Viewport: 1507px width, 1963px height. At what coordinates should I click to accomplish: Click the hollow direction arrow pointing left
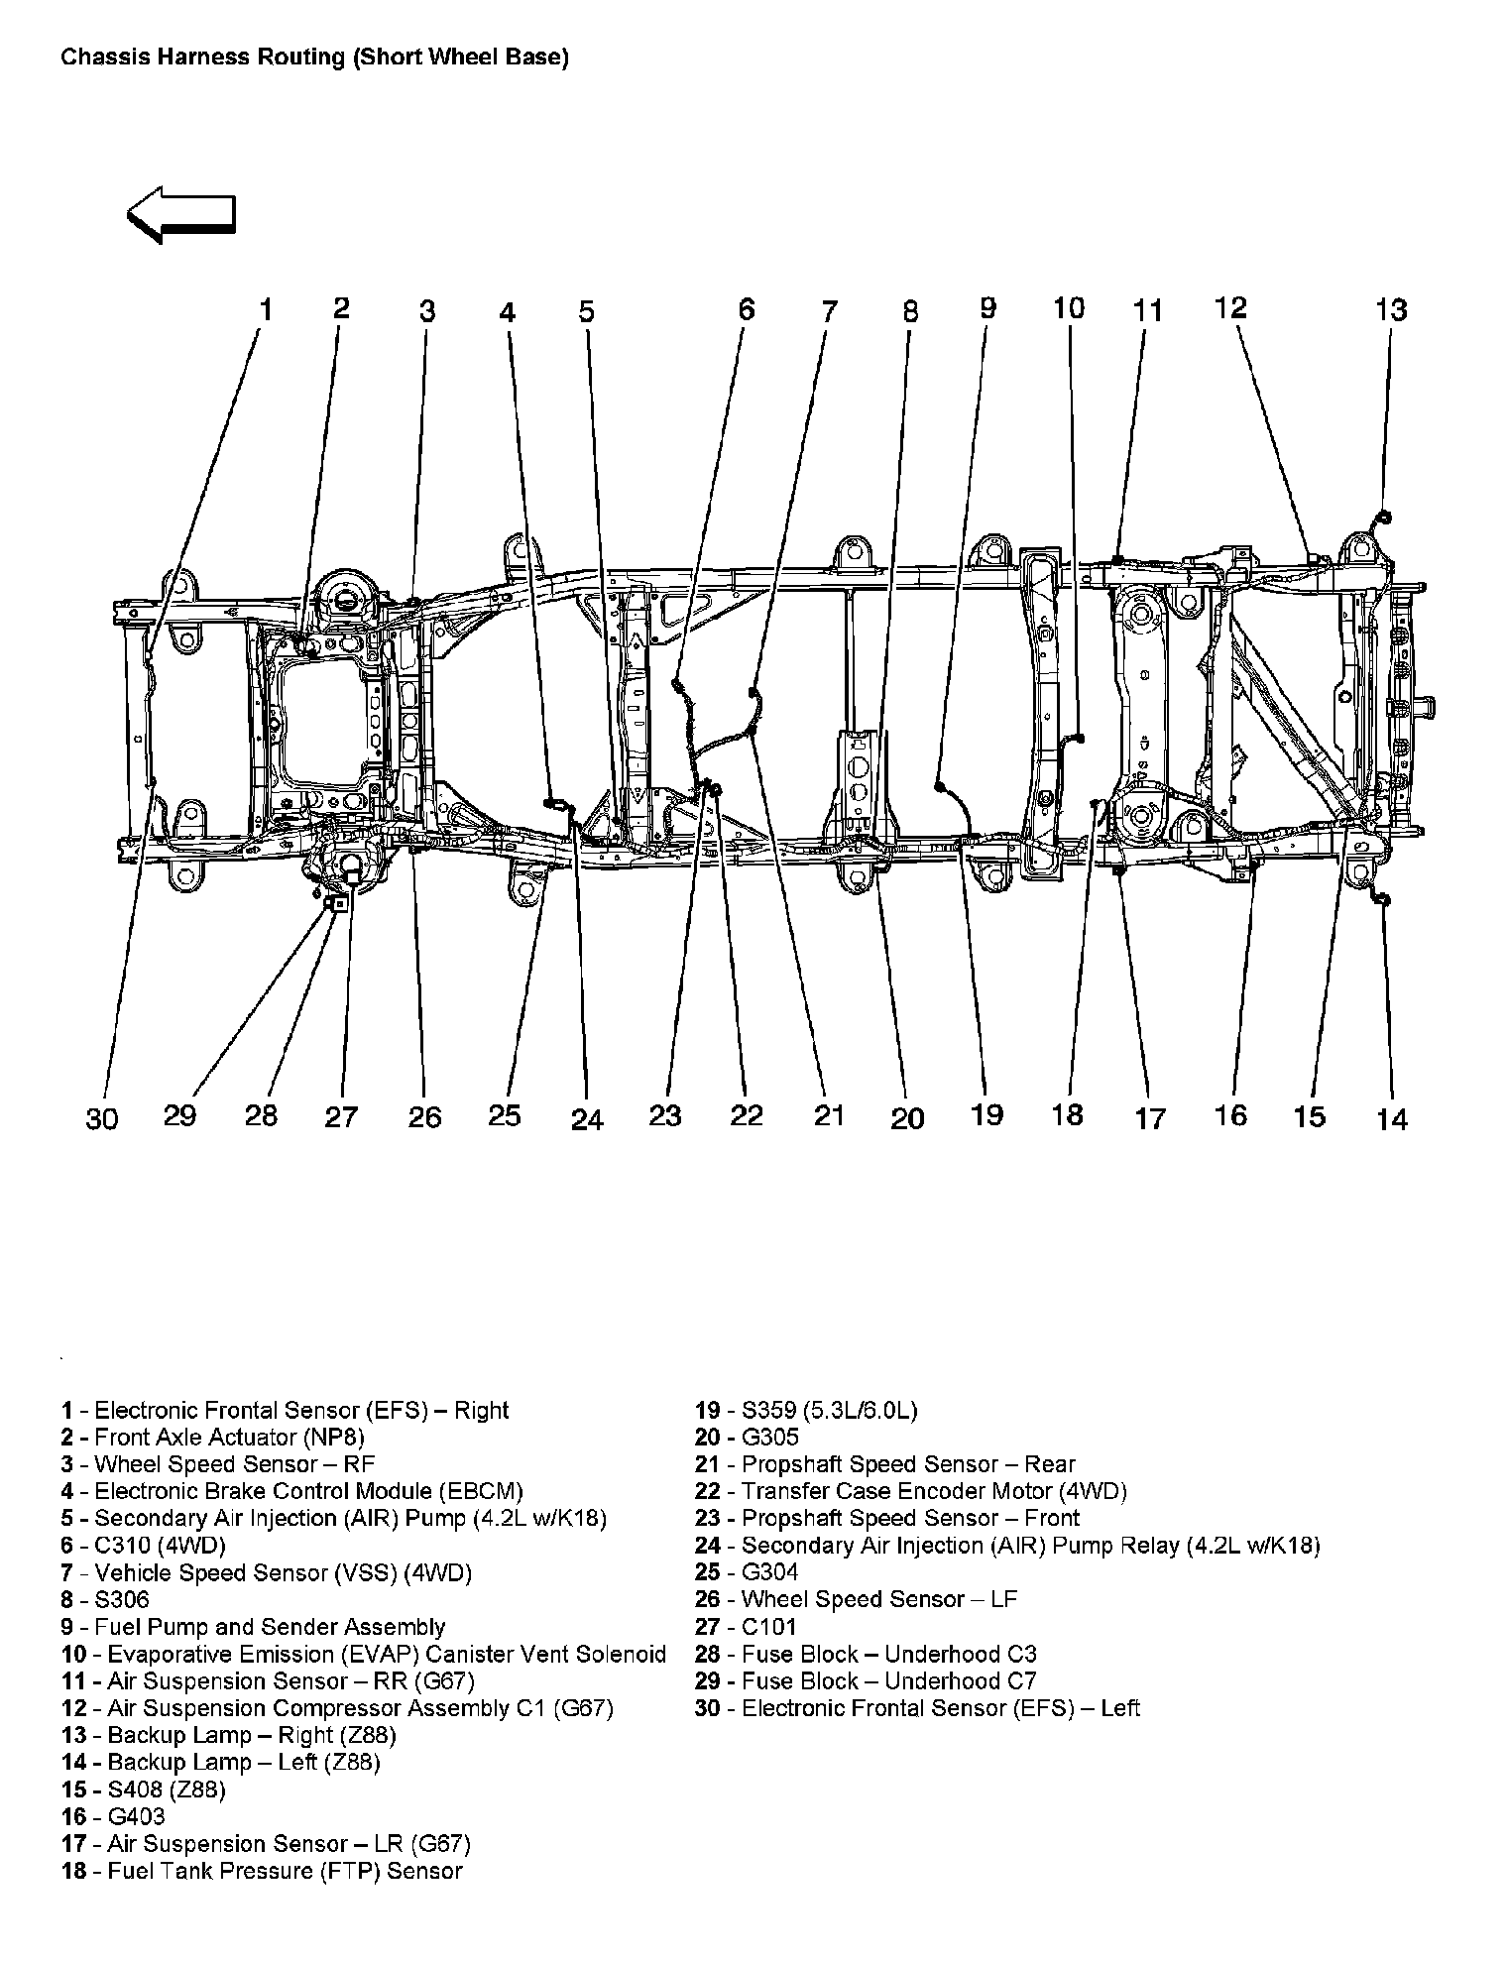[x=181, y=214]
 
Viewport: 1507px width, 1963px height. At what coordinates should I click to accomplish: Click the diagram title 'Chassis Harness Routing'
[x=314, y=58]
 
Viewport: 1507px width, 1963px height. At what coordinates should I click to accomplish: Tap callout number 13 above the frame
[x=1391, y=310]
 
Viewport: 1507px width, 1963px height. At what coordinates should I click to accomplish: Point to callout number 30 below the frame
[x=102, y=1118]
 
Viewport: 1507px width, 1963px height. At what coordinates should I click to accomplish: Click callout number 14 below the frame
[x=1392, y=1119]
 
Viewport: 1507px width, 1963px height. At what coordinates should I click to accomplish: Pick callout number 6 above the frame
[x=746, y=309]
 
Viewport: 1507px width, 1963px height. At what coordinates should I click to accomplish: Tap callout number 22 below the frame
[x=747, y=1115]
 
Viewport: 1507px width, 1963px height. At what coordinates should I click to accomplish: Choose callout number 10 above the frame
[x=1069, y=308]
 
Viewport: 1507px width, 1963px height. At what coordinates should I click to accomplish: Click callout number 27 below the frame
[x=341, y=1117]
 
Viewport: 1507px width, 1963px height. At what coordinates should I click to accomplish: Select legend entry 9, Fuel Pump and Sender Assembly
[x=254, y=1627]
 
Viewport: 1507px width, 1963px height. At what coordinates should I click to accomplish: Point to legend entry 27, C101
[x=746, y=1627]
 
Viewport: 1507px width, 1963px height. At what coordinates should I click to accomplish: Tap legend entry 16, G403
[x=113, y=1816]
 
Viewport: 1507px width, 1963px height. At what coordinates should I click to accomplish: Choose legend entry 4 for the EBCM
[x=291, y=1491]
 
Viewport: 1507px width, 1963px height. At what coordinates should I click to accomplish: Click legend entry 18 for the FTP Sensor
[x=262, y=1871]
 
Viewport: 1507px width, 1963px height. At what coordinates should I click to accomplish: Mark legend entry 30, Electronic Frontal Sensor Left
[x=917, y=1708]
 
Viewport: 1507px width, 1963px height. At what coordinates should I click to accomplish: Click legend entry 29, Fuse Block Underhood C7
[x=866, y=1681]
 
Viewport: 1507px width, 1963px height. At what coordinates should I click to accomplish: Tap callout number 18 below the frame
[x=1067, y=1115]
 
